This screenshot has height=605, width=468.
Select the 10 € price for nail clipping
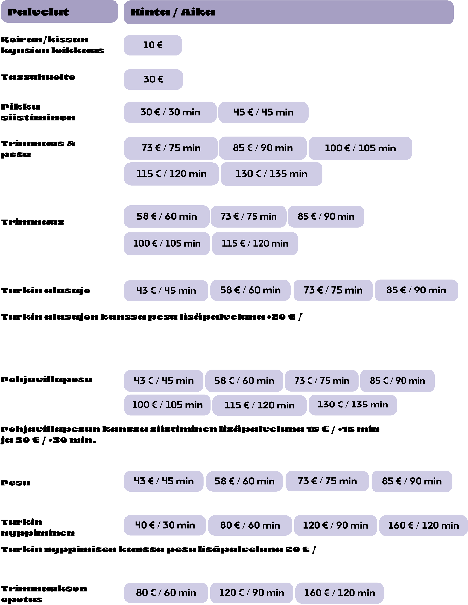coord(153,45)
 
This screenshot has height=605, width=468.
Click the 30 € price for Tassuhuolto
coord(153,79)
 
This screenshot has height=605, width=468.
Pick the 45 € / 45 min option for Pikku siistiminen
coord(263,112)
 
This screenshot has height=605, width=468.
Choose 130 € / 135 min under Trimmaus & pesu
coord(271,174)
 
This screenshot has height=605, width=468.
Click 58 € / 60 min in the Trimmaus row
coord(167,216)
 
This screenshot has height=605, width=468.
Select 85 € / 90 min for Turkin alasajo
coord(416,290)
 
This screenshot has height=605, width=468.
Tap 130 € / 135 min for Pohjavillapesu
coord(353,405)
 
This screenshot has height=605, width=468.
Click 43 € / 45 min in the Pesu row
coord(164,481)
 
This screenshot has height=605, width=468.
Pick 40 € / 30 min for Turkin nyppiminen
coord(165,525)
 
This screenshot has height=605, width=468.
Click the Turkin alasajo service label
coord(46,291)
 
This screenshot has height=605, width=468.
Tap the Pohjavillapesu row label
coord(47,379)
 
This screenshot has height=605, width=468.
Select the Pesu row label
coord(16,483)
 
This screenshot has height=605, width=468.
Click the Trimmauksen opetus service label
coord(44,594)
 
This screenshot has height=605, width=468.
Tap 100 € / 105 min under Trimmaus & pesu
coord(360,148)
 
